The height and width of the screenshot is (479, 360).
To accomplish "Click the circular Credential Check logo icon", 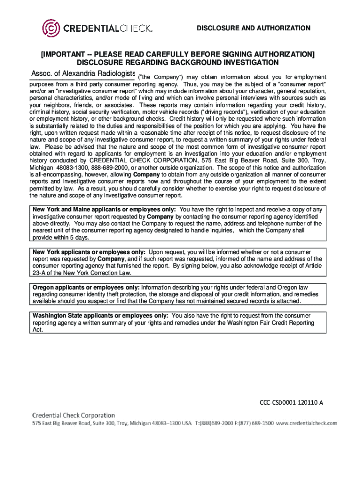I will [51, 29].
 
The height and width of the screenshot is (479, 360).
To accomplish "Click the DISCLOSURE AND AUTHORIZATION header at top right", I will [253, 29].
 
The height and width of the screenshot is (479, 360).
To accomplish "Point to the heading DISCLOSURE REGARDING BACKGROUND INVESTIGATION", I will [178, 62].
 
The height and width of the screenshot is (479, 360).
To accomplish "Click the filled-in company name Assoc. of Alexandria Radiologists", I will [83, 74].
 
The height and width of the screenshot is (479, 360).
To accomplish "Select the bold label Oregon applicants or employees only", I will [86, 287].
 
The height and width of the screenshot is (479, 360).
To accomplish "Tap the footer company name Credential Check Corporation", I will [73, 415].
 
